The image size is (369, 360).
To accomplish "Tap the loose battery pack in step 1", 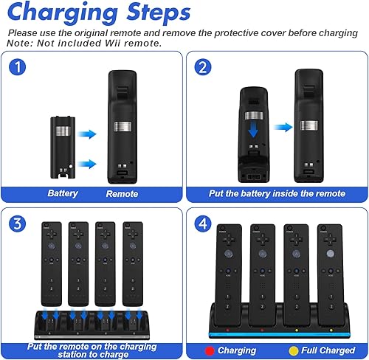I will [62, 135].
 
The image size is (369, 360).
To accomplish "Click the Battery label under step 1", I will [63, 193].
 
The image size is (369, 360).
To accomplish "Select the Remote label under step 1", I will [122, 193].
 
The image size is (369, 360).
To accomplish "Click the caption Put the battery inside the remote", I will [277, 193].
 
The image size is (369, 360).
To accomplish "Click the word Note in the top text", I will [17, 43].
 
